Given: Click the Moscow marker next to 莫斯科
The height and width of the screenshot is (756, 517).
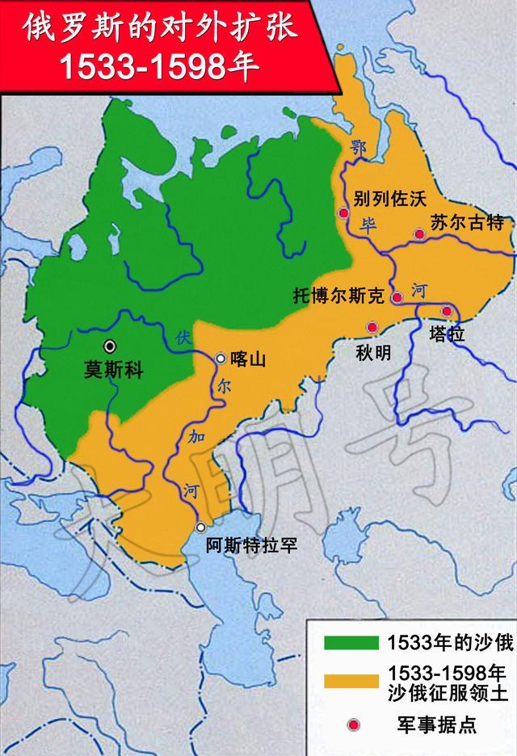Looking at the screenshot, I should (109, 345).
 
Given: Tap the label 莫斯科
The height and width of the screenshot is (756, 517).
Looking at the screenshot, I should (114, 371).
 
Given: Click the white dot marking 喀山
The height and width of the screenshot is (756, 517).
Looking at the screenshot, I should (221, 357).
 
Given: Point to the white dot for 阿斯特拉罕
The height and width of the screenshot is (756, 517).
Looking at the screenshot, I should (200, 527).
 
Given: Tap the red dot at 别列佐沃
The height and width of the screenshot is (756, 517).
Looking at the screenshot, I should (344, 213).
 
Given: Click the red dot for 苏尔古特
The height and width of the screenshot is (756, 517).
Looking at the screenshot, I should (419, 234).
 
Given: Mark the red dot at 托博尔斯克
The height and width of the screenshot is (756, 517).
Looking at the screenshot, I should (397, 298).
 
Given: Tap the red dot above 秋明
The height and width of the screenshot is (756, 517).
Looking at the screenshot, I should (372, 327).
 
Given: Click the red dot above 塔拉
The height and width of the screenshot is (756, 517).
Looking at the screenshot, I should (446, 311).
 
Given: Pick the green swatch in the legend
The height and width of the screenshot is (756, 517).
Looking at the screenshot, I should (351, 642).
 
